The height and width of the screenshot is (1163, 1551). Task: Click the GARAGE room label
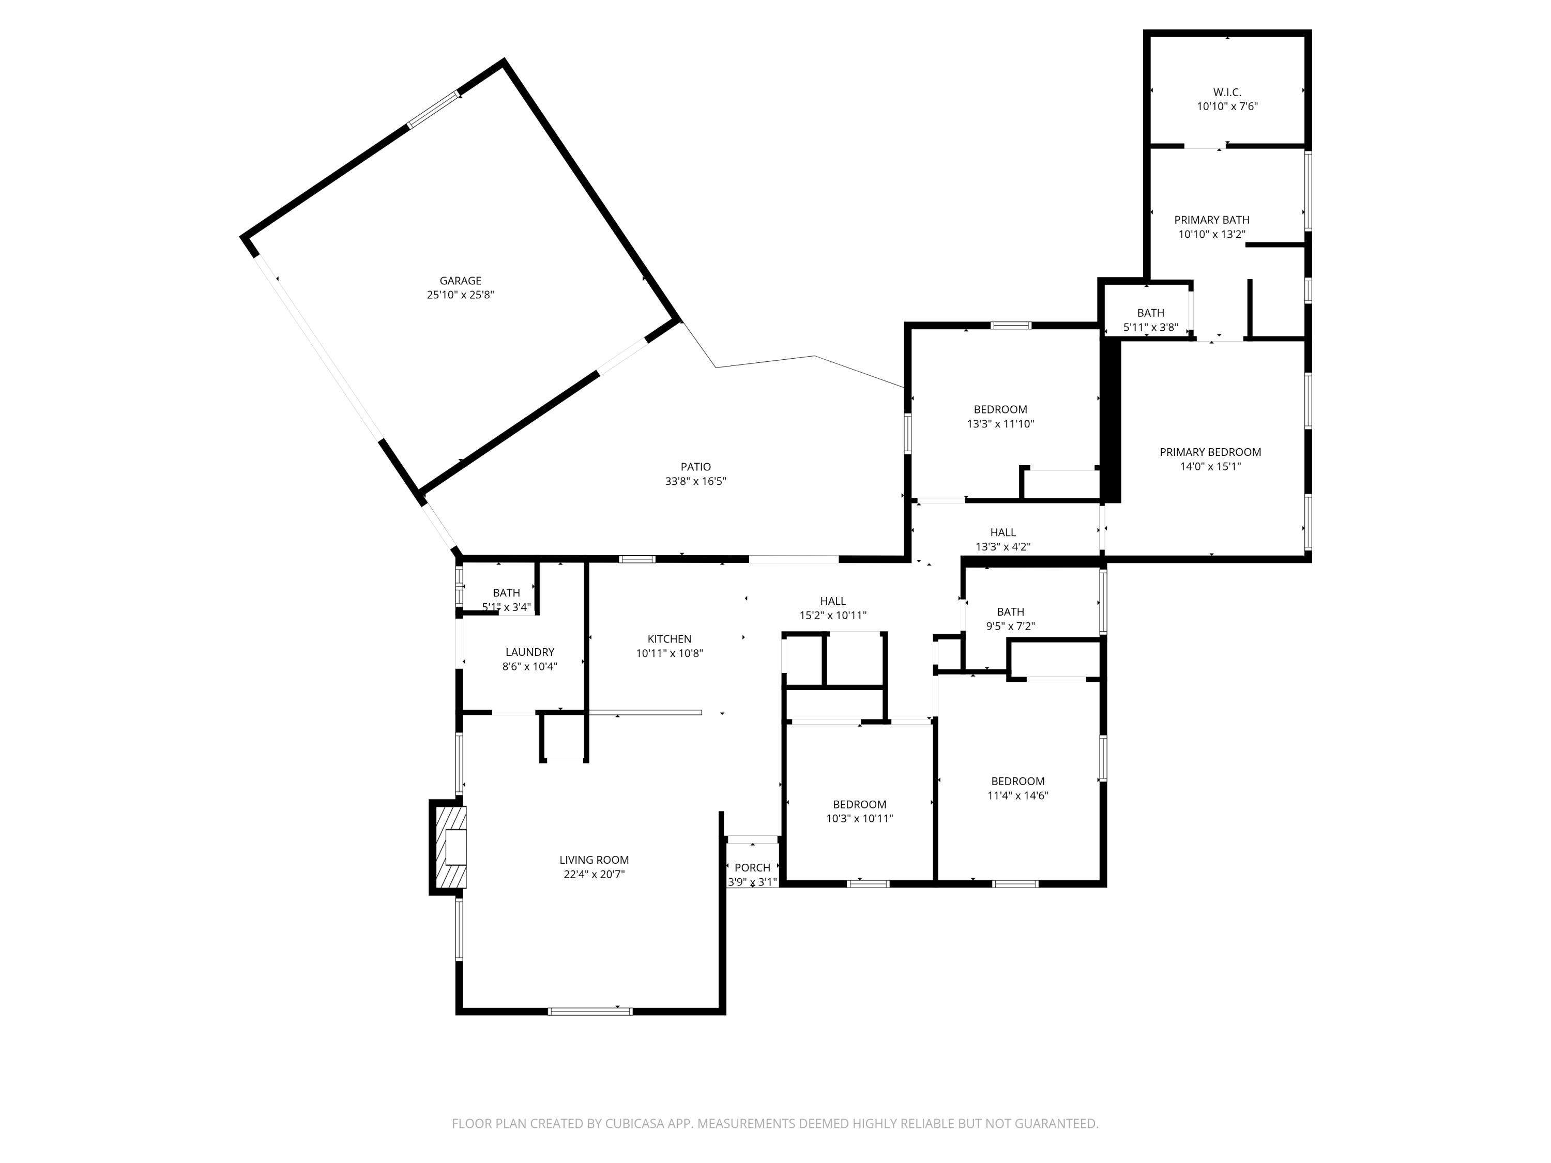[x=460, y=280]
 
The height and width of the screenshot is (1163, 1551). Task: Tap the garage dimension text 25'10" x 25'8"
[x=460, y=295]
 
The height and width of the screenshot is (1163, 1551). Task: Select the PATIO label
[x=695, y=467]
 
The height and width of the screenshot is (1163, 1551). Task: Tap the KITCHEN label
[x=669, y=639]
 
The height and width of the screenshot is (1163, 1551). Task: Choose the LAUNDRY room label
[x=529, y=652]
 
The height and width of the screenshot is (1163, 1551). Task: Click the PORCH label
[x=752, y=867]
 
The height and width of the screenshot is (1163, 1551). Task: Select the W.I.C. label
[x=1226, y=93]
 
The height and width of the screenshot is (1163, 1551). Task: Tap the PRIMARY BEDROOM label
[x=1210, y=452]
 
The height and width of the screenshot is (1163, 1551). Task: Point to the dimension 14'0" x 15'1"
[x=1210, y=467]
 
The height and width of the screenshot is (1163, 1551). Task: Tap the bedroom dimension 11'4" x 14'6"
[x=1017, y=795]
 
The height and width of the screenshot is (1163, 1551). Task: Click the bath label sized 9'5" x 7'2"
[x=1010, y=612]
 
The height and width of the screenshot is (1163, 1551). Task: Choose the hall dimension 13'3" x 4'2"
[x=1002, y=547]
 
